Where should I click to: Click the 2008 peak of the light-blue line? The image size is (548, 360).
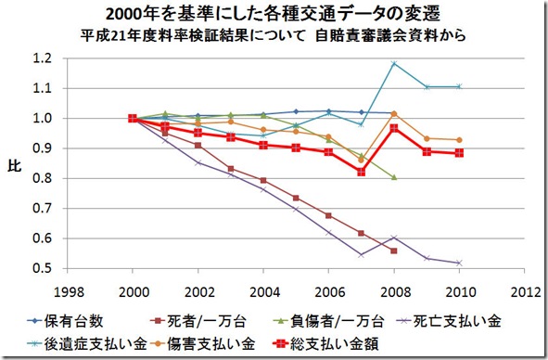pyautogui.click(x=394, y=63)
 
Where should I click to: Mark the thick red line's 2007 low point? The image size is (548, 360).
pyautogui.click(x=362, y=172)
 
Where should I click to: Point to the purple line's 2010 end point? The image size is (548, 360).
pyautogui.click(x=459, y=263)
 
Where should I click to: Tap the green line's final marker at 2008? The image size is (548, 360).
pyautogui.click(x=394, y=177)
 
